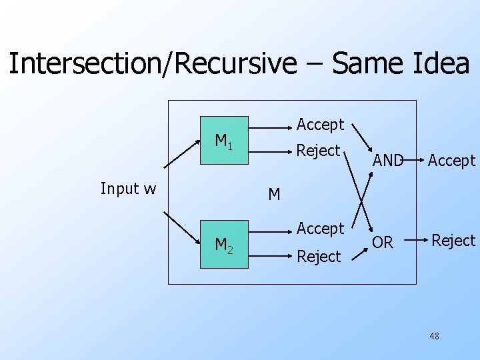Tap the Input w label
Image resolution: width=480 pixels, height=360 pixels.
pyautogui.click(x=128, y=189)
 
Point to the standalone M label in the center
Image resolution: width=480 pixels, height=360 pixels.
pyautogui.click(x=274, y=195)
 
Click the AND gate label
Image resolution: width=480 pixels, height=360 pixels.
pyautogui.click(x=388, y=160)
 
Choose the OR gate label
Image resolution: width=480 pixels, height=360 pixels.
pyautogui.click(x=383, y=243)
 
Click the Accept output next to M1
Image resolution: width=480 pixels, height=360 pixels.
pyautogui.click(x=320, y=124)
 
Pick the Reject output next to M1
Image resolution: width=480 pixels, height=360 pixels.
pyautogui.click(x=318, y=151)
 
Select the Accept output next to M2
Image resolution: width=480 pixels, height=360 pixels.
pyautogui.click(x=320, y=229)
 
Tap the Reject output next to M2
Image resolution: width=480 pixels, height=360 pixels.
pyautogui.click(x=318, y=257)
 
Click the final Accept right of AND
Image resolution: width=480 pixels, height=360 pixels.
pyautogui.click(x=451, y=160)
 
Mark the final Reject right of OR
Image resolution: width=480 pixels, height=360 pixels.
pyautogui.click(x=453, y=241)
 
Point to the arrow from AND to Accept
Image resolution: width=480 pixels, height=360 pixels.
pyautogui.click(x=413, y=160)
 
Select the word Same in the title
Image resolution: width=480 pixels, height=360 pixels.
pyautogui.click(x=368, y=64)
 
